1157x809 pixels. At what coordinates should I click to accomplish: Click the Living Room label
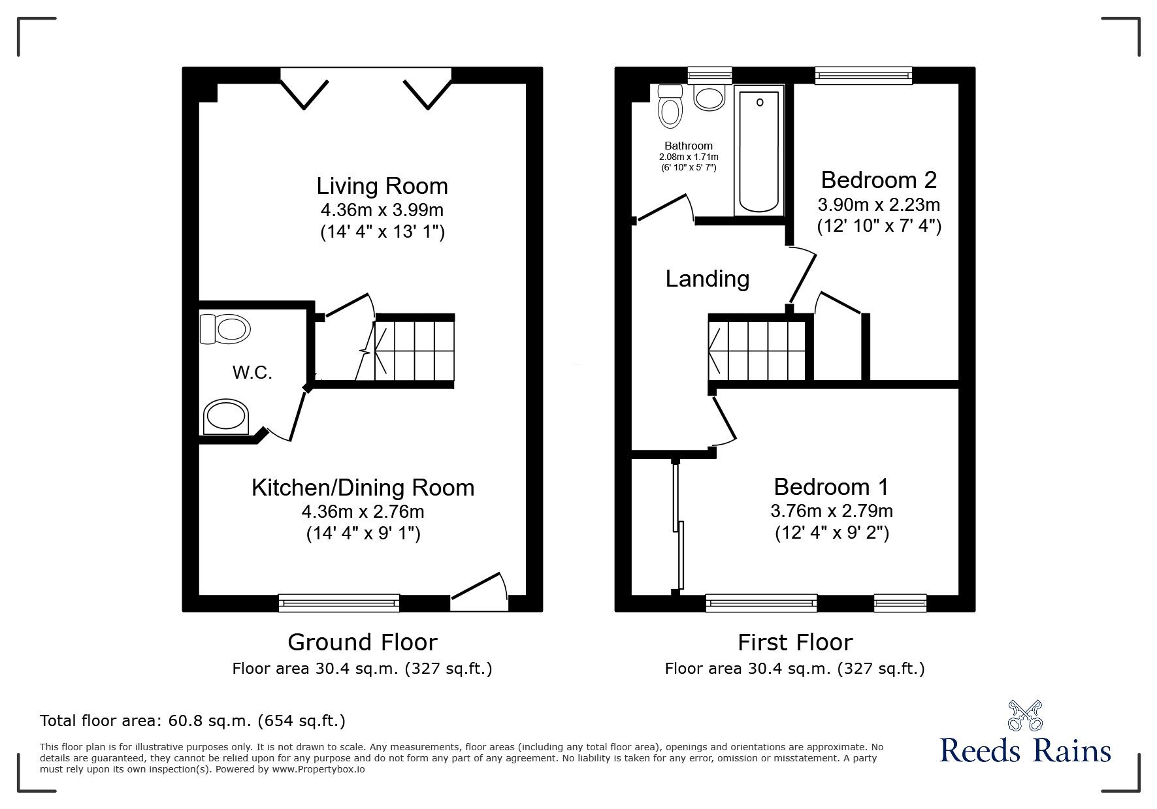coord(382,186)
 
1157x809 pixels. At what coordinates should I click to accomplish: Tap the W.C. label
coord(252,373)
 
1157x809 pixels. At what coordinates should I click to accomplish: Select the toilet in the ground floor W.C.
coord(225,328)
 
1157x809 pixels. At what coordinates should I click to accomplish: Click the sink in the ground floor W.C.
coord(225,417)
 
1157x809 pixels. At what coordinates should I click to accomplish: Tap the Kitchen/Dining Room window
coord(338,602)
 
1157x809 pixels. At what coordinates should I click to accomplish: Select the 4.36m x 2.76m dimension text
coord(363,511)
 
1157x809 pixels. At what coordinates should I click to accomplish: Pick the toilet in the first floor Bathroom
coord(670,106)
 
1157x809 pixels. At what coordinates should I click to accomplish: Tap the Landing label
coord(707,279)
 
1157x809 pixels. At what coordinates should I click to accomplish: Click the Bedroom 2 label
coord(878,180)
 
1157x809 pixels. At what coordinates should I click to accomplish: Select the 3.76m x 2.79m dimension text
coord(831,511)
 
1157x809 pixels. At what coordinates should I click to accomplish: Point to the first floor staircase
coord(758,349)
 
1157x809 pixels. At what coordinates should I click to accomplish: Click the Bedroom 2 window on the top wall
coord(863,76)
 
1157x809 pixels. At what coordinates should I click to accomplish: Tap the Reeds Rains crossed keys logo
coord(1024,716)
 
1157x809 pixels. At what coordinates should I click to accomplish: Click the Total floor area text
coord(193,721)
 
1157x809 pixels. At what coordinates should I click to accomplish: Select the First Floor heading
coord(794,642)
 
